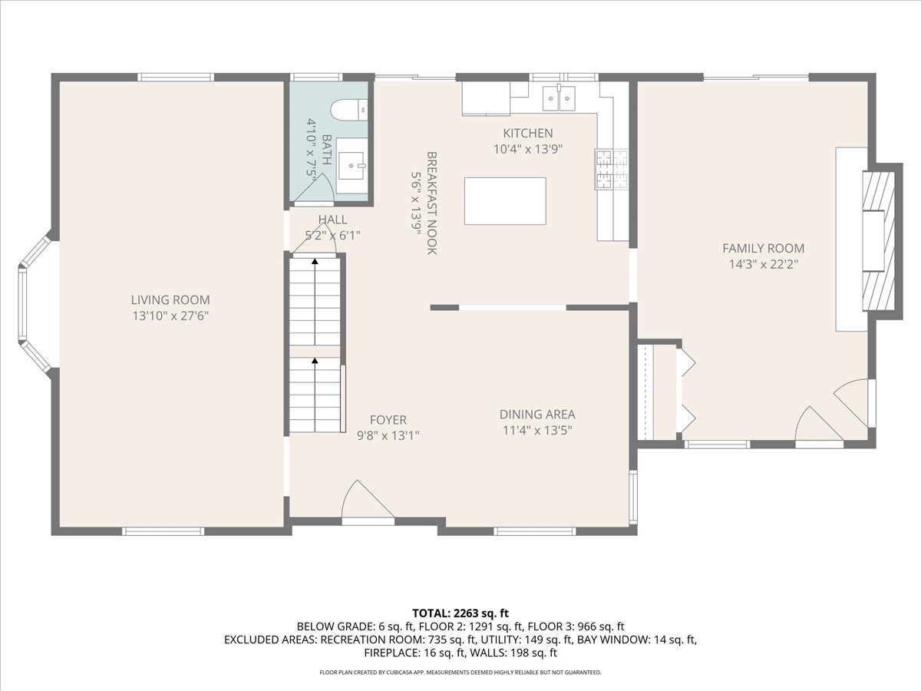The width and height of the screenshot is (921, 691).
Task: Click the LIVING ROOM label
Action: coord(170,300)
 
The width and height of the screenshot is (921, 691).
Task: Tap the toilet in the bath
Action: coord(349,110)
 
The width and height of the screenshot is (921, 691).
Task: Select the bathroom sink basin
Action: coord(352,165)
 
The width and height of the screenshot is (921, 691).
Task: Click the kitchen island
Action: coord(505,201)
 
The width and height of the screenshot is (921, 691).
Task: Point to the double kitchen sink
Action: coord(559,98)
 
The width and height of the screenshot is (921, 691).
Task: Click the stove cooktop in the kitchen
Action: coord(612,169)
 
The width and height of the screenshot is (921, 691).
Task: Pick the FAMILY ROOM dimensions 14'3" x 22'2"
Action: coord(763,264)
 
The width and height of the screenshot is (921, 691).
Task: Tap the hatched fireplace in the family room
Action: coord(878,241)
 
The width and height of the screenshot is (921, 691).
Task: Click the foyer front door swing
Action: coord(367,500)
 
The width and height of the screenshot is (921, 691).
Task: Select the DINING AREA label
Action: coord(537,415)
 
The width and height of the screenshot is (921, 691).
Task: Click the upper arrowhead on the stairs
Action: coord(315,261)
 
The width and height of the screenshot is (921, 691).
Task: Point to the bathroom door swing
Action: coord(315,188)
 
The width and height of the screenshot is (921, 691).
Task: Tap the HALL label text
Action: coord(333,220)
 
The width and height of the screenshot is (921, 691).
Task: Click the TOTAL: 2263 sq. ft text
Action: coord(460,613)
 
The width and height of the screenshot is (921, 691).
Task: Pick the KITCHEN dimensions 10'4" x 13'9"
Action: coord(528,149)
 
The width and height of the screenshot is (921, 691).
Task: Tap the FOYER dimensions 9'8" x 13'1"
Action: coord(388,435)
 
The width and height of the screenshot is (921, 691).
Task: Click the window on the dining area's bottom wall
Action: coord(534,531)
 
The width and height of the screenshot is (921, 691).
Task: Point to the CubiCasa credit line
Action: coord(460,673)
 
